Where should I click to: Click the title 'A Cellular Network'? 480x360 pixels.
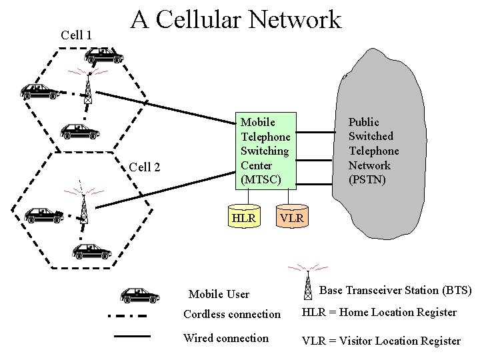click(236, 20)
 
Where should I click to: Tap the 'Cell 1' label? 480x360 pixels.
click(76, 35)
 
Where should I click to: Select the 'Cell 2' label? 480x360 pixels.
click(144, 167)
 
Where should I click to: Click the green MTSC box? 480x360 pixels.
click(265, 151)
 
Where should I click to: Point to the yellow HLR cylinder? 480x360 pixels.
click(243, 218)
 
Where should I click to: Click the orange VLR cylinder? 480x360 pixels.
click(291, 218)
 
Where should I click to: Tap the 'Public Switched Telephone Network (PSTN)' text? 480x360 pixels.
click(373, 151)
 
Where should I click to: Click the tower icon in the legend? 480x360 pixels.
click(307, 283)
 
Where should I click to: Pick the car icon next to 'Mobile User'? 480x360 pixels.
click(140, 294)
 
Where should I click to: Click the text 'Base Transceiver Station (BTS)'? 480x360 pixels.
click(395, 290)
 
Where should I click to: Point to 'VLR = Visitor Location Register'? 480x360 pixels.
click(381, 341)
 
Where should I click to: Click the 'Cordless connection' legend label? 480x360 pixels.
click(232, 314)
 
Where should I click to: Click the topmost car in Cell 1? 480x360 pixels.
click(103, 55)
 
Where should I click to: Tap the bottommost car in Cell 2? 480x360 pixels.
click(91, 251)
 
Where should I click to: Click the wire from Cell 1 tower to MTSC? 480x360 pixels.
click(167, 109)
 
